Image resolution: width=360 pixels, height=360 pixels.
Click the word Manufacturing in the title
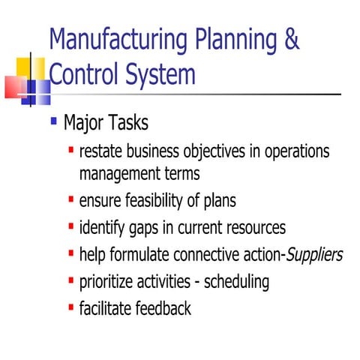(105, 40)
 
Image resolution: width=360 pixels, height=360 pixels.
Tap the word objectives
(208, 152)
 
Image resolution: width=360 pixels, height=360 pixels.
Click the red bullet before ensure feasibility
(70, 199)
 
